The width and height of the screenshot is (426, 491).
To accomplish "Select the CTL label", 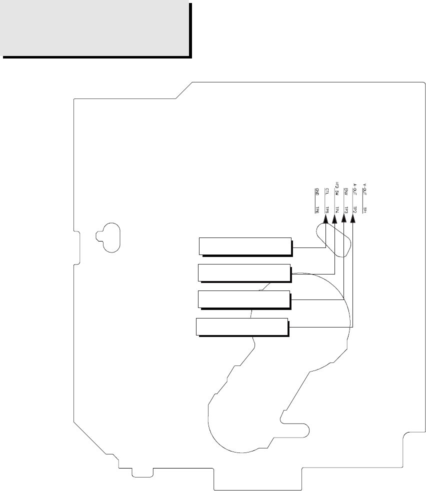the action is tap(326, 191).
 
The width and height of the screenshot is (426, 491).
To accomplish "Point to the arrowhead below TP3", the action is tap(344, 228).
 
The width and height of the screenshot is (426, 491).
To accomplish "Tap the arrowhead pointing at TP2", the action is tap(353, 228).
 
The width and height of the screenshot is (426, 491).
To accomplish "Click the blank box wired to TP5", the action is tap(245, 246).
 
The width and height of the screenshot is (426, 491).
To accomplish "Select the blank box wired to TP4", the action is tap(244, 272).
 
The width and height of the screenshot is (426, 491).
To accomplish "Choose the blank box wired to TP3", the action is tap(244, 298).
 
